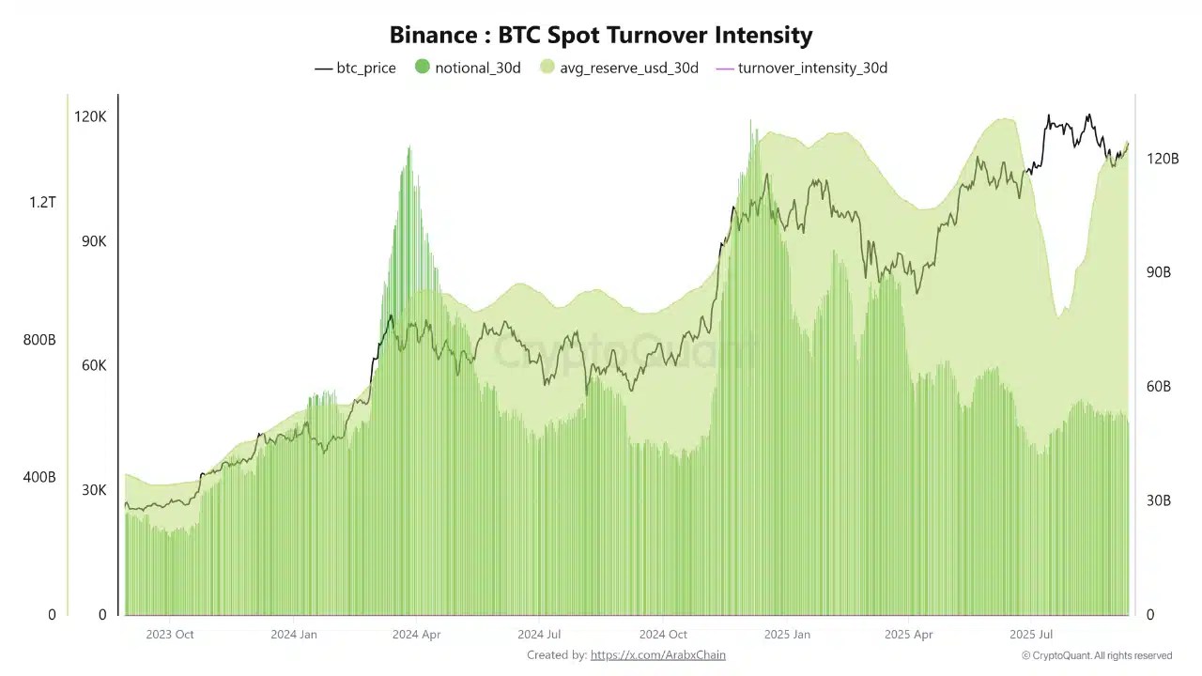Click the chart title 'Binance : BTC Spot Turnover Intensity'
(x=601, y=36)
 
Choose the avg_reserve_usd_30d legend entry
(x=619, y=68)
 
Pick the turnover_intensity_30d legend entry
(x=802, y=68)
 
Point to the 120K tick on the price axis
(x=91, y=116)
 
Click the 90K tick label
(x=94, y=241)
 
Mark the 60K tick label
(x=94, y=365)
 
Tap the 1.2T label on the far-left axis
(x=42, y=202)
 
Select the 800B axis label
(x=39, y=340)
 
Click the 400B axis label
(x=39, y=477)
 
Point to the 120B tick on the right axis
(x=1163, y=159)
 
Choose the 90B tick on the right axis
(x=1159, y=272)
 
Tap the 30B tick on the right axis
(x=1159, y=500)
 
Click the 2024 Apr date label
(x=417, y=634)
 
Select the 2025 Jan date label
(x=787, y=634)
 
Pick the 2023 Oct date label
(x=170, y=634)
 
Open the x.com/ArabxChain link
(x=657, y=655)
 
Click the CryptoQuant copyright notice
(x=1097, y=655)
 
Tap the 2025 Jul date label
(x=1030, y=634)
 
